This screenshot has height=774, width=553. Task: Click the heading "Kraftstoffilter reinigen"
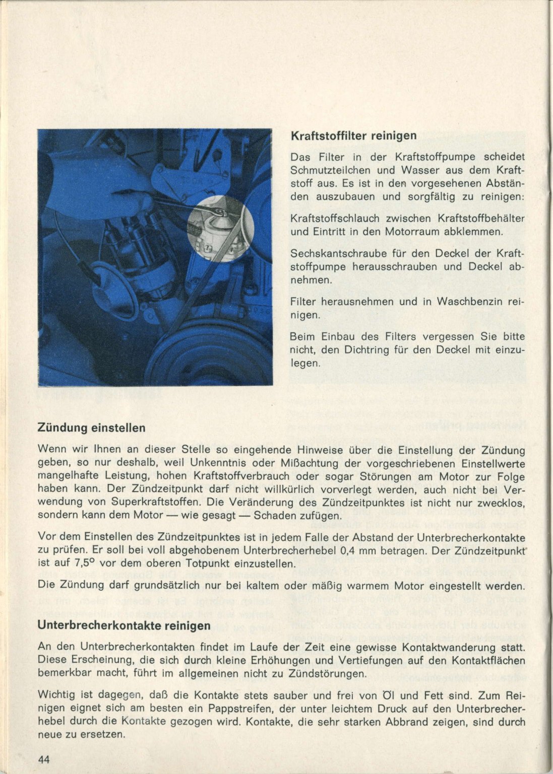point(353,135)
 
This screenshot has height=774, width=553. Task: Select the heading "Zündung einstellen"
point(92,428)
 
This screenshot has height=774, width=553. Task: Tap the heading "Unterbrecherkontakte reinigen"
point(124,626)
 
